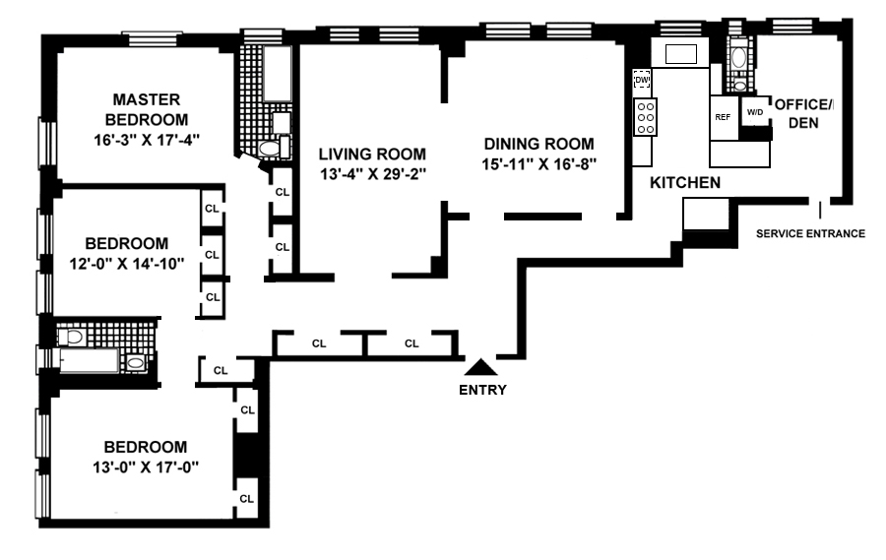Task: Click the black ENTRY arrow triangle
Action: [x=480, y=367]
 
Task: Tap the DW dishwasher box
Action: [x=642, y=79]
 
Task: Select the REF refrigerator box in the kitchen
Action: [x=724, y=117]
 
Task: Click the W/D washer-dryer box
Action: [x=755, y=112]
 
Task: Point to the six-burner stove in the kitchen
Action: [x=645, y=117]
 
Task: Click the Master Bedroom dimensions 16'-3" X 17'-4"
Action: [x=147, y=140]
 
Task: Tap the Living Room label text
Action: [x=372, y=154]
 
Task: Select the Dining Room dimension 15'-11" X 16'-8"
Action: [x=539, y=164]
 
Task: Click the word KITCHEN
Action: [x=685, y=182]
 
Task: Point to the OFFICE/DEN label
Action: [x=803, y=113]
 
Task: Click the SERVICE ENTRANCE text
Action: [x=810, y=233]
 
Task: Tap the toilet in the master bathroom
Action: [x=270, y=148]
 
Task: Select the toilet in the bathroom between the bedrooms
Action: [x=71, y=338]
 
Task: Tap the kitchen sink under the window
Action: [x=681, y=54]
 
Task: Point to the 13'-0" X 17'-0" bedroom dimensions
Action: [x=146, y=467]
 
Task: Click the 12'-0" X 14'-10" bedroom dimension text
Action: [x=127, y=264]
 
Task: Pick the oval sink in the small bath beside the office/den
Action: [x=738, y=58]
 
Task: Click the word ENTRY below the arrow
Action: [x=482, y=390]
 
